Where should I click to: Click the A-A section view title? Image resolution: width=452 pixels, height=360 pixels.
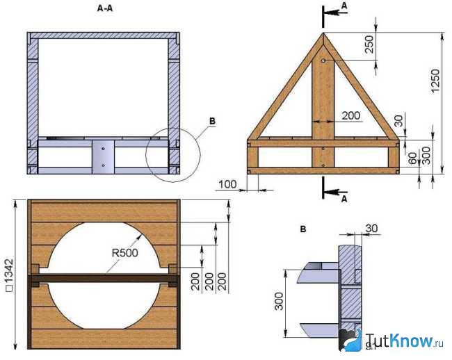click(105, 8)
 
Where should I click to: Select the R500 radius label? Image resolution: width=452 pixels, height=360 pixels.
click(124, 253)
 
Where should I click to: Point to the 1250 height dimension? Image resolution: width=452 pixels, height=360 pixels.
click(435, 81)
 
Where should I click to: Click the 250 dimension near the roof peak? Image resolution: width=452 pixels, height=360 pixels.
click(369, 44)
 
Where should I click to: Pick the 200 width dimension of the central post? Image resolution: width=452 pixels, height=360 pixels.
click(350, 116)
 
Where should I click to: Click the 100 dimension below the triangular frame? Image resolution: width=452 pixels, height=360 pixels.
click(227, 184)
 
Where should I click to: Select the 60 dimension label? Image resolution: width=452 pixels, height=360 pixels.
click(413, 158)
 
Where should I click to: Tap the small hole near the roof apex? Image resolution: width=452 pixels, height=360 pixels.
click(323, 60)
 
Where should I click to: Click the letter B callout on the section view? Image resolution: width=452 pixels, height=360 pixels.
click(212, 122)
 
